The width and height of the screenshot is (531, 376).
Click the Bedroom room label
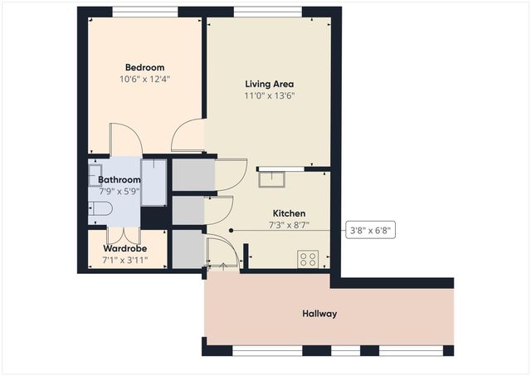(144, 67)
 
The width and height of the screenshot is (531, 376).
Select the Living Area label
(270, 84)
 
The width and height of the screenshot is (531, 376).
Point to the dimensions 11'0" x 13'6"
(270, 95)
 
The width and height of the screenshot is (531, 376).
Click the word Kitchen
(290, 213)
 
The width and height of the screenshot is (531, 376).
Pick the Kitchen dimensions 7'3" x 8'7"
(290, 225)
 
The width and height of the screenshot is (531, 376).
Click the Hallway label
(319, 314)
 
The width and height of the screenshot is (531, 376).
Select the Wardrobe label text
(124, 248)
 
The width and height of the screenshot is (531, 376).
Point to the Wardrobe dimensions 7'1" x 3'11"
(124, 260)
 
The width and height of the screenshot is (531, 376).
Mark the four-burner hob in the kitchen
(308, 259)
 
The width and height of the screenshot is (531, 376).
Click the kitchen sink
(272, 178)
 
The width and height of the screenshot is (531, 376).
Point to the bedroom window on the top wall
(144, 12)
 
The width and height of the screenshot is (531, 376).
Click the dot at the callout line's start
(231, 231)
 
